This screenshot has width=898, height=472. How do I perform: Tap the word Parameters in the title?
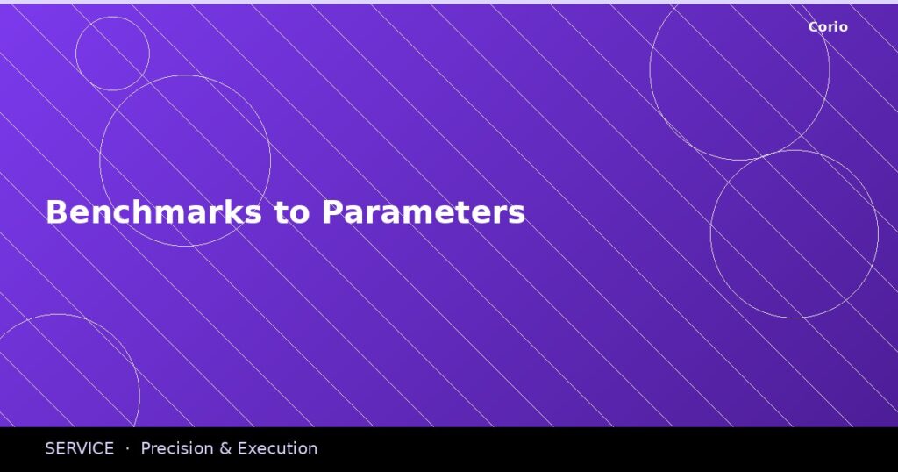click(424, 212)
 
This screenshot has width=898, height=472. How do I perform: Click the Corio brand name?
click(828, 26)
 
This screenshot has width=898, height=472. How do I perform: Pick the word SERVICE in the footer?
click(80, 448)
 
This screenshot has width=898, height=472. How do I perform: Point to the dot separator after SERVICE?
click(127, 448)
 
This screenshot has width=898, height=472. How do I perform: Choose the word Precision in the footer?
click(176, 448)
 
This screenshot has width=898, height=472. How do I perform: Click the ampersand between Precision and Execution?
click(224, 448)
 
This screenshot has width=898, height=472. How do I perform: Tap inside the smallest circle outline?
click(112, 54)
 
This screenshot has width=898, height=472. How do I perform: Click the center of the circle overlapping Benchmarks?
click(185, 161)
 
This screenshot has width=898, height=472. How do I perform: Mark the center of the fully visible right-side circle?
click(794, 234)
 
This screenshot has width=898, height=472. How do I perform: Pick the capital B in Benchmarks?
click(56, 212)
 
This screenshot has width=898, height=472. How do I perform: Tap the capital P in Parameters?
click(331, 212)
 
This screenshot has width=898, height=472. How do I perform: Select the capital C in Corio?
click(813, 26)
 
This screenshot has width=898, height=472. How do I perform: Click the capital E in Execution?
click(244, 448)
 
